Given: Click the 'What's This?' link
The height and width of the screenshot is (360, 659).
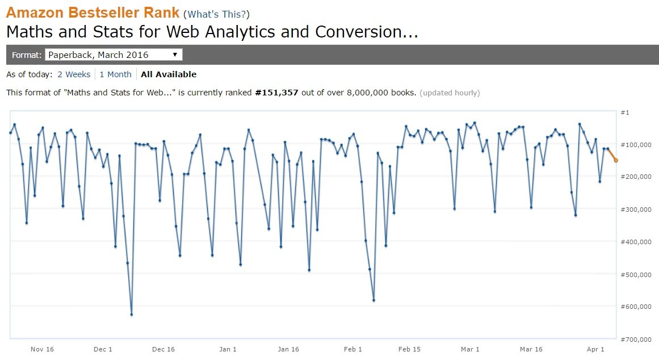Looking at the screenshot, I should click(216, 14).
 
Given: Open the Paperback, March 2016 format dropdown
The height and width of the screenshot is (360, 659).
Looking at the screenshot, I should click(114, 55).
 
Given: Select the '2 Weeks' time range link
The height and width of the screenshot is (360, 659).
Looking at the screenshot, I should click(74, 74).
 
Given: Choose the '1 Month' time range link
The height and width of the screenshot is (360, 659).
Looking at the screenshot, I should click(115, 74).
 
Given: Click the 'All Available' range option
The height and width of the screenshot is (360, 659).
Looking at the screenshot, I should click(169, 74).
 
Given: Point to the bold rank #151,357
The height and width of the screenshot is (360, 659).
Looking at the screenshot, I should click(276, 93).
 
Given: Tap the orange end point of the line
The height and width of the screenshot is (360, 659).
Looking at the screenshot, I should click(616, 160).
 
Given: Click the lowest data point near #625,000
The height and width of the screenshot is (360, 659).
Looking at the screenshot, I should click(132, 315).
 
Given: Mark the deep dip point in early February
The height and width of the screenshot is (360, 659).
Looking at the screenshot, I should click(373, 300).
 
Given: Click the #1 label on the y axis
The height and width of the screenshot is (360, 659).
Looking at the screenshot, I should click(625, 112).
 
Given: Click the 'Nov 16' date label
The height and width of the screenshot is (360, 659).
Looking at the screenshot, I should click(42, 349).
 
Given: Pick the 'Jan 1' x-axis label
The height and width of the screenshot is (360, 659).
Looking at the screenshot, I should click(228, 349).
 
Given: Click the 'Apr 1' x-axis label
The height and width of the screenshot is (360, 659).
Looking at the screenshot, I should click(595, 349).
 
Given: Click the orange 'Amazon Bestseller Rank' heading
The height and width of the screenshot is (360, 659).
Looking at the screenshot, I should click(93, 13).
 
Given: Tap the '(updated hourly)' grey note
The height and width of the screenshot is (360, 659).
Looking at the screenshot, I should click(450, 93).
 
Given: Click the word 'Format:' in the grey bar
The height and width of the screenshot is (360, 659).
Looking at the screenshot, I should click(27, 55).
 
